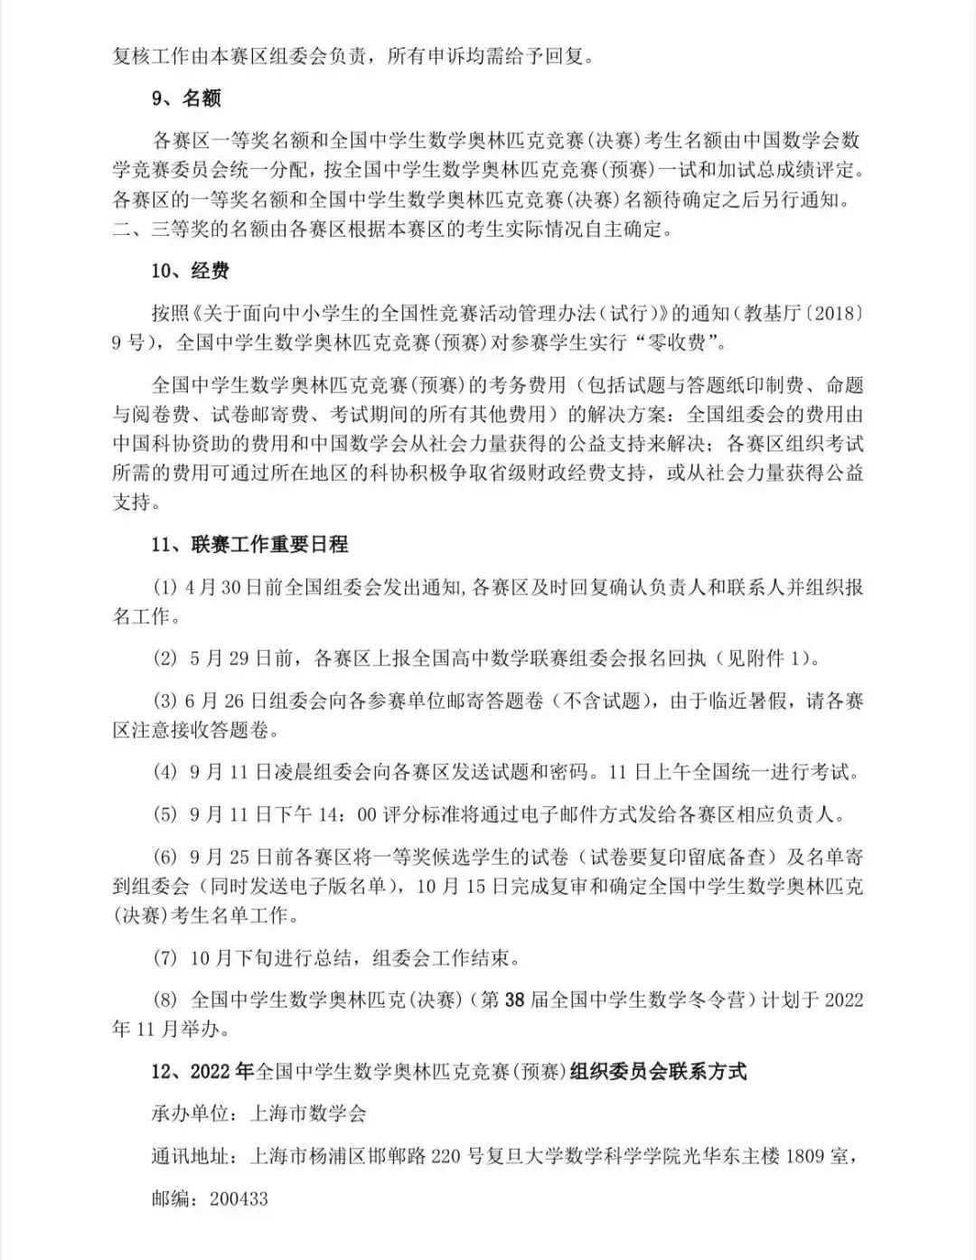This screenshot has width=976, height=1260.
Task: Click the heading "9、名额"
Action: tap(186, 98)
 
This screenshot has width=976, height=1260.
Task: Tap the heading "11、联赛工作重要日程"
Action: tap(249, 544)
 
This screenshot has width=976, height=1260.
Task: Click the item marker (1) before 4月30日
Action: tap(166, 587)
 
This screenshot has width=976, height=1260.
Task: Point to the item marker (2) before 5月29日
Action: tap(166, 658)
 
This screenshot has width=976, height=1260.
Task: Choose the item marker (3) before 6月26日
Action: tap(166, 701)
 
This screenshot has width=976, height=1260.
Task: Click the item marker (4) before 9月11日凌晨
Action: tap(166, 772)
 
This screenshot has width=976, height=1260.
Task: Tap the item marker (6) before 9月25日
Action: tap(166, 857)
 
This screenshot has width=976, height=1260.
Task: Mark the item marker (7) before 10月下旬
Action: tap(166, 957)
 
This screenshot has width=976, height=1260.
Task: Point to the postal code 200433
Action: tap(239, 1199)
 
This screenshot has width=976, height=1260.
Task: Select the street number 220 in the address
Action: tap(452, 1156)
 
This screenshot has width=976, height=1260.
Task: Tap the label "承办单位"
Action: tap(190, 1114)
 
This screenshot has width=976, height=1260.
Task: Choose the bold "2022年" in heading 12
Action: tap(223, 1071)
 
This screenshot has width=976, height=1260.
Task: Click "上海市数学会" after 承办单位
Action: tap(308, 1114)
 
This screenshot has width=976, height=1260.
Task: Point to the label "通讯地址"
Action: tap(190, 1156)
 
